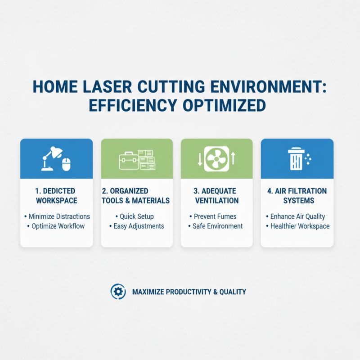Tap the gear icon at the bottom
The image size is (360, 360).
click(118, 292)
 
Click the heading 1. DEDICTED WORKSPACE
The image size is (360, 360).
click(56, 196)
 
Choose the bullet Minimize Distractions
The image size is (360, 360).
click(59, 216)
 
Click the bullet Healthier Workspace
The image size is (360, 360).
click(300, 226)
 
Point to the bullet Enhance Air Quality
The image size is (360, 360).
click(297, 216)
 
